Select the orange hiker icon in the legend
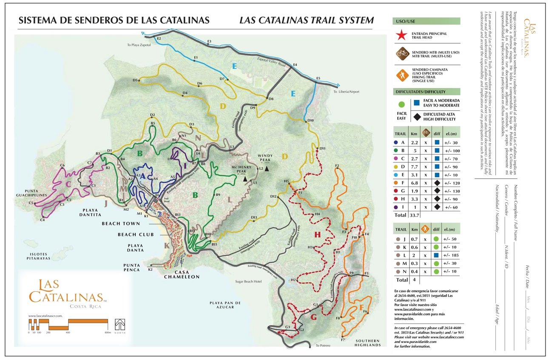[x=401, y=75]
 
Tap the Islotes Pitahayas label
[x=38, y=255]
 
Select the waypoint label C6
[x=62, y=165]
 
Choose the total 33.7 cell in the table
[x=414, y=215]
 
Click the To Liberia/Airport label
[x=347, y=91]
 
